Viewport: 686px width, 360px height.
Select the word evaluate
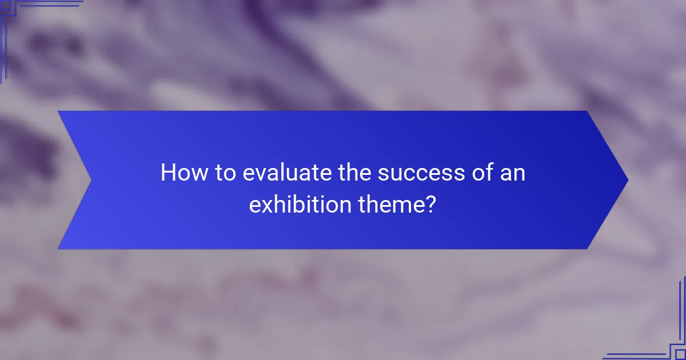tap(284, 173)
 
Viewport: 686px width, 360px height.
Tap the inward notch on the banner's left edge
tap(90, 180)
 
